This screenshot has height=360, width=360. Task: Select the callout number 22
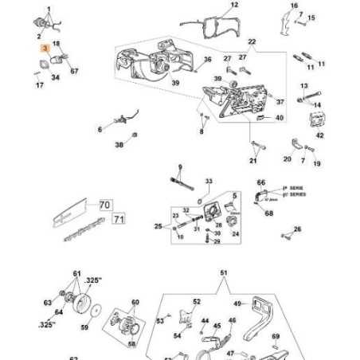pos(252,41)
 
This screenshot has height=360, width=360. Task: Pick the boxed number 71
pos(118,217)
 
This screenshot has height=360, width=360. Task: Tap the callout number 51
pos(224,272)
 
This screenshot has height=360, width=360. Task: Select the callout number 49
pos(237,303)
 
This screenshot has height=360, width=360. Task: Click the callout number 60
pos(135,303)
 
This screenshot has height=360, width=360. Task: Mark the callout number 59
pos(85,326)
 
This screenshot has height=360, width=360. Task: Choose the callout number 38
pos(119,145)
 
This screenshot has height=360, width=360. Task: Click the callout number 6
pos(100,129)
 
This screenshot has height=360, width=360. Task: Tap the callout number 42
pos(319,136)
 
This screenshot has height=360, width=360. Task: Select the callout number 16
pos(294,6)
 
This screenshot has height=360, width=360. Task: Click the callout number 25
pos(158,227)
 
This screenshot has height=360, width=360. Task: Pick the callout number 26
pos(298,229)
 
